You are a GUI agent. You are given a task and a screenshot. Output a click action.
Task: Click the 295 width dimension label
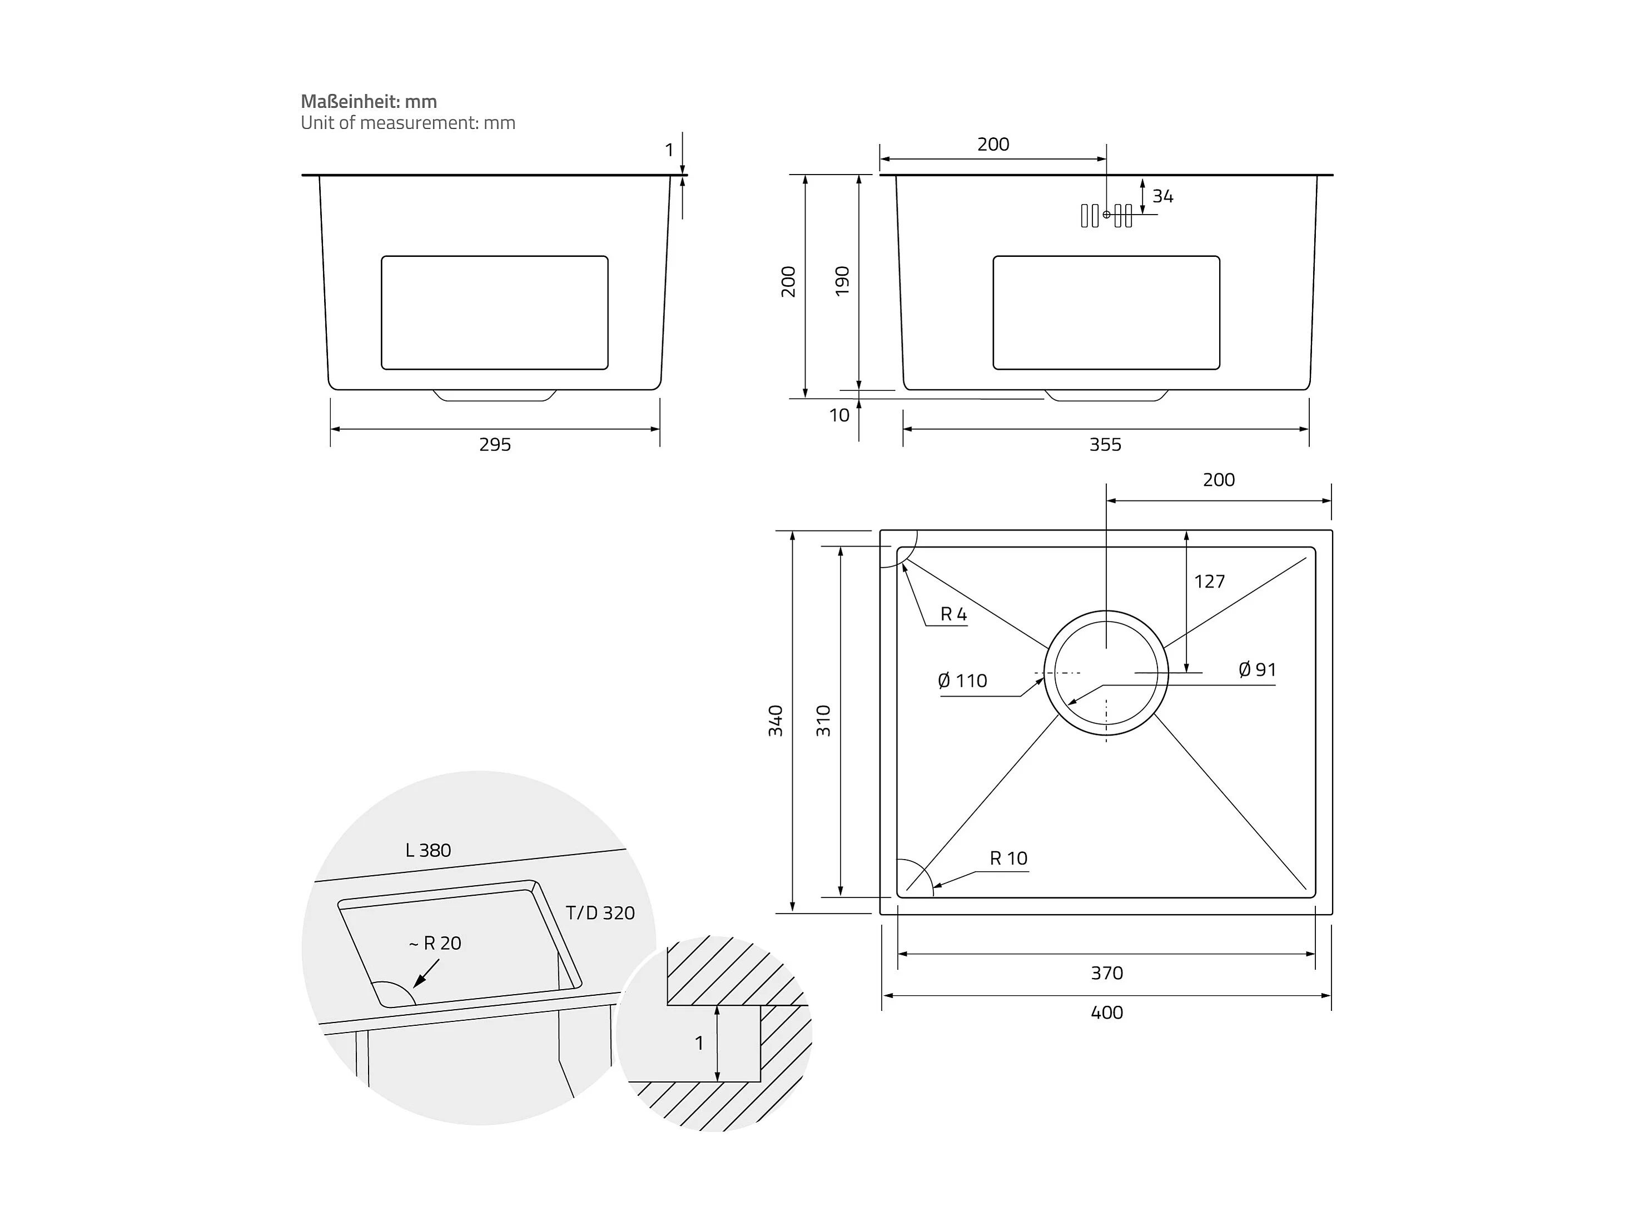coord(494,444)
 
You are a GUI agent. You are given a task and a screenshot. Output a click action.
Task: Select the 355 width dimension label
coord(1105,444)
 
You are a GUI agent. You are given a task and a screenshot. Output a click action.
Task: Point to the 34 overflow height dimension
coord(1162,197)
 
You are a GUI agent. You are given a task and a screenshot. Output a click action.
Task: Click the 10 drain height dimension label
coord(839,415)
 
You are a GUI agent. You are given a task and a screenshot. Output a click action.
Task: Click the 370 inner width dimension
coord(1106,973)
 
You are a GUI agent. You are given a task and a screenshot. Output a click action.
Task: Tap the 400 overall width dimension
coord(1106,1012)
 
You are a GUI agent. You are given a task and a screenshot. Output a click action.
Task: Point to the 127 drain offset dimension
coord(1209,582)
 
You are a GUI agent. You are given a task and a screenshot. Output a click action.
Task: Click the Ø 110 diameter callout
coord(962,681)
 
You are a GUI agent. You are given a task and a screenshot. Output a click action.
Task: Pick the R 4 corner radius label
coord(953,614)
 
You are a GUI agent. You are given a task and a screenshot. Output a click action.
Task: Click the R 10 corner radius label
coord(1008,858)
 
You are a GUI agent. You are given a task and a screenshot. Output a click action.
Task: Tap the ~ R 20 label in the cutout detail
coord(435,944)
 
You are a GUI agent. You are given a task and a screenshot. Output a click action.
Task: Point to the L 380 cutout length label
coord(428,850)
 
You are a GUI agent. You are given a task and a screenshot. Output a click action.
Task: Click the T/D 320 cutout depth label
coord(599,913)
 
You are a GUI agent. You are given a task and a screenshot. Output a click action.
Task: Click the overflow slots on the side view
coord(1106,215)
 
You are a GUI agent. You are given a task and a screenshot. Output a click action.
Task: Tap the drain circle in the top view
coord(1106,673)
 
